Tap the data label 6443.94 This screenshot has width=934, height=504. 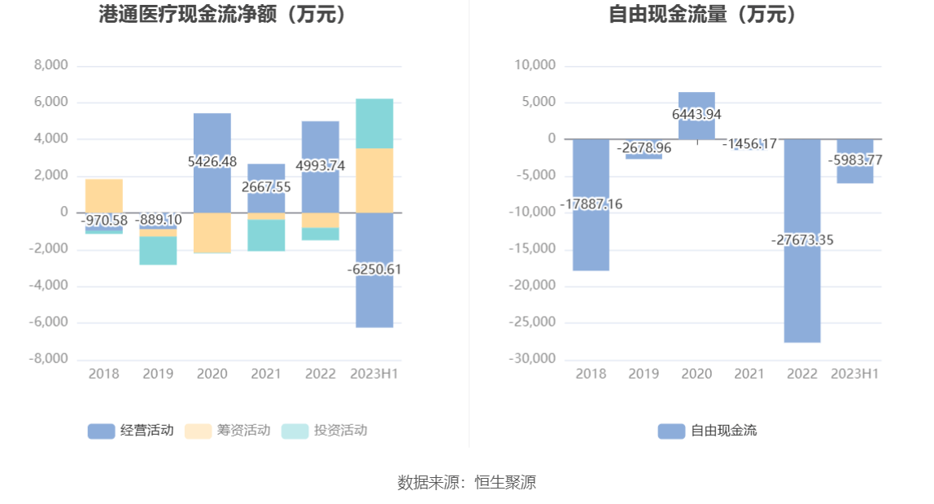[696, 115]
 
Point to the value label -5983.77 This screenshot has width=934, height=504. [855, 160]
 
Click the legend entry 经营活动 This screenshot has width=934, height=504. [131, 431]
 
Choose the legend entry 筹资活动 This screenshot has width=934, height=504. [228, 431]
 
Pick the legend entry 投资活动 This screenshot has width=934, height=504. [325, 431]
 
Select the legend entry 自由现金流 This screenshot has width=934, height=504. [708, 431]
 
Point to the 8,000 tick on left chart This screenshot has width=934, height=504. [51, 65]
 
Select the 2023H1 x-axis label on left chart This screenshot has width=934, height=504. [374, 374]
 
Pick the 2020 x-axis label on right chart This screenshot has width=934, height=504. [696, 374]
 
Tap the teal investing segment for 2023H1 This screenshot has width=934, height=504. [374, 123]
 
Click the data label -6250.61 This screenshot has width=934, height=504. [374, 270]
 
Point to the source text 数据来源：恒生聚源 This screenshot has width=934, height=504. [467, 482]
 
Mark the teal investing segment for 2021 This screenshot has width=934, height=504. [266, 235]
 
